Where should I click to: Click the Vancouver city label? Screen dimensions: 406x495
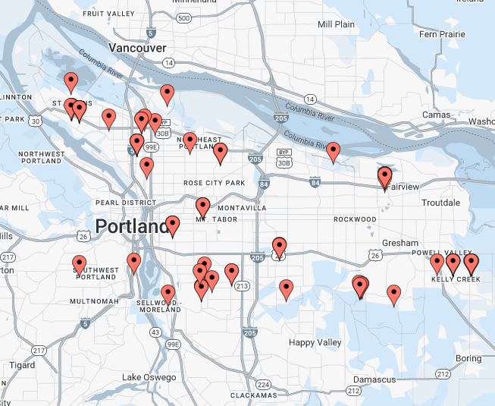(x=137, y=48)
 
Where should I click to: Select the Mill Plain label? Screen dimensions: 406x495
(x=336, y=24)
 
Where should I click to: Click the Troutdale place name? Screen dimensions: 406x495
(x=440, y=203)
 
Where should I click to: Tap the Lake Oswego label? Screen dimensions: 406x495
(x=149, y=377)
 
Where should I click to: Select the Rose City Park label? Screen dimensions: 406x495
(x=215, y=183)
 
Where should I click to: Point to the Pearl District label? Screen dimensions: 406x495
(x=126, y=203)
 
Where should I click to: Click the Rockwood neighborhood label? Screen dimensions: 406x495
(x=355, y=219)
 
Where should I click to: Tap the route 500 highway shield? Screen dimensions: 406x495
(x=183, y=17)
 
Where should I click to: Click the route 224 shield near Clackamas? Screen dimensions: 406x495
(x=263, y=384)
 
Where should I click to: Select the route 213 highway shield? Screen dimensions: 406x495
(x=242, y=286)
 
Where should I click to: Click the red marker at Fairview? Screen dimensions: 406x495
(x=385, y=178)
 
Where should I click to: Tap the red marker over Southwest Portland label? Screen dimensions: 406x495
(x=80, y=264)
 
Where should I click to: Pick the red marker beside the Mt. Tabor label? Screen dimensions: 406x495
(x=203, y=206)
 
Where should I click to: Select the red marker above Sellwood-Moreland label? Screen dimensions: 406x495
(x=168, y=294)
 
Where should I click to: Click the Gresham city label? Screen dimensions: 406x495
(x=400, y=243)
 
